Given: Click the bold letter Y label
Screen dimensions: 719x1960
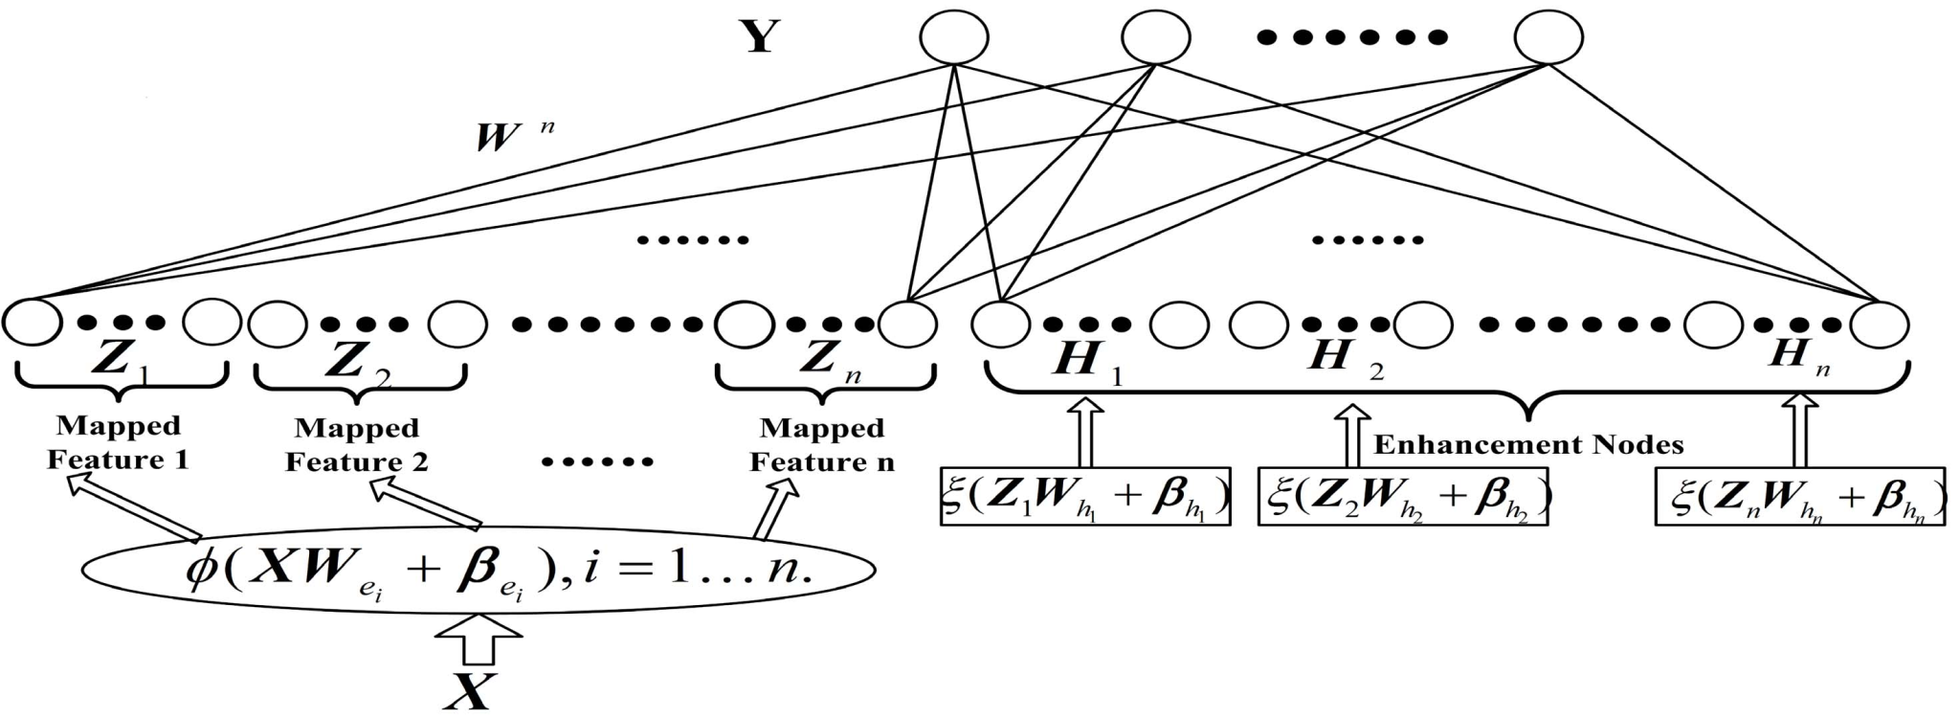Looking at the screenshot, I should pos(759,37).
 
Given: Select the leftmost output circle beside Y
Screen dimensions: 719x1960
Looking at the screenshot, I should pos(953,37).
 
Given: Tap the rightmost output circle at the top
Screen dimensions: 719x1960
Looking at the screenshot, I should pos(1548,37).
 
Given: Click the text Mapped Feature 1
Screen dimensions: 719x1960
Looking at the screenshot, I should pos(119,442).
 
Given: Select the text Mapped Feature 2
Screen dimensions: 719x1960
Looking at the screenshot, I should pos(357,444).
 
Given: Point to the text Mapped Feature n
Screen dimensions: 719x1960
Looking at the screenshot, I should pos(822,445).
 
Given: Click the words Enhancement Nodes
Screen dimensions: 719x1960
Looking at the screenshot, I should pos(1528,444).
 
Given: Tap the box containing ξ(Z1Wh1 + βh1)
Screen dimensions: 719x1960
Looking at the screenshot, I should pos(1084,497).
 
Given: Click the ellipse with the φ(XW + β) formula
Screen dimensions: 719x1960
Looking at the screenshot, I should pos(479,571).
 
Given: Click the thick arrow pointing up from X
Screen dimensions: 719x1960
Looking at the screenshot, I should pos(479,640).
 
